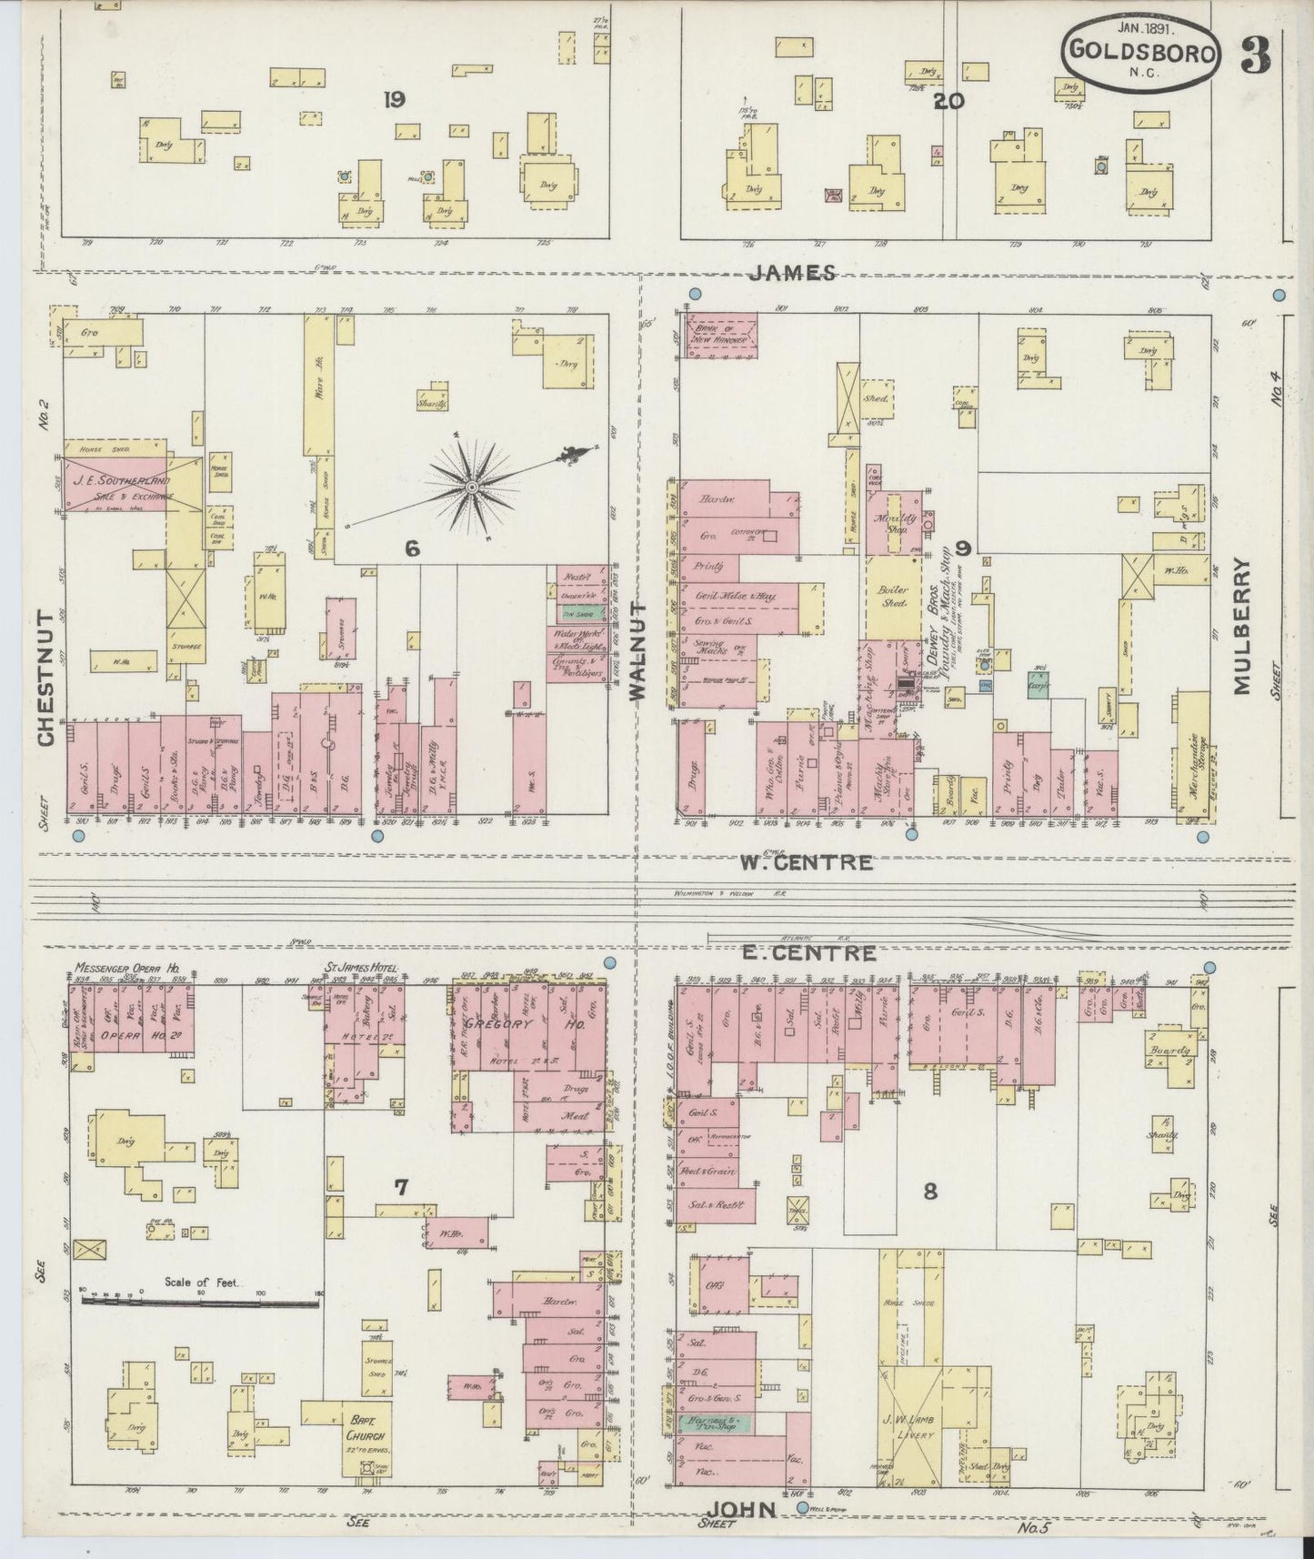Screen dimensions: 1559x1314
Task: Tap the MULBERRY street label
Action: point(1244,626)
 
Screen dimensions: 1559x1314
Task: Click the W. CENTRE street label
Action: point(806,862)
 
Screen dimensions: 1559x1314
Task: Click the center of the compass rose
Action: point(472,488)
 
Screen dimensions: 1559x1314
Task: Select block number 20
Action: point(948,101)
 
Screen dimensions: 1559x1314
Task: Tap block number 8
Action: point(928,1190)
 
